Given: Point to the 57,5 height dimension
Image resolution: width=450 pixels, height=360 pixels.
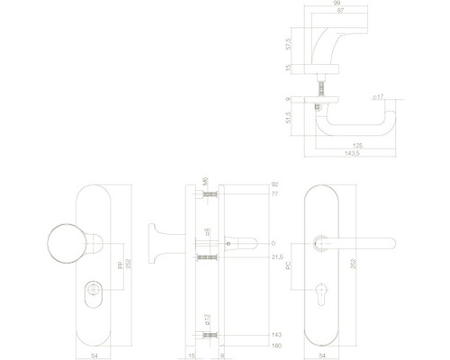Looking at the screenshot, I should click(x=288, y=43).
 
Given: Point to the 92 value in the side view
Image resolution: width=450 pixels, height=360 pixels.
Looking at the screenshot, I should click(x=274, y=184).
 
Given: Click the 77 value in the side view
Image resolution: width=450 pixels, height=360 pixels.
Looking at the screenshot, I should click(x=274, y=193).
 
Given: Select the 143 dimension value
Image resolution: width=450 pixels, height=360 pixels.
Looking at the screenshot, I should click(x=275, y=334).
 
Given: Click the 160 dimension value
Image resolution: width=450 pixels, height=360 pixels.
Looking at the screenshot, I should click(x=275, y=345).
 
